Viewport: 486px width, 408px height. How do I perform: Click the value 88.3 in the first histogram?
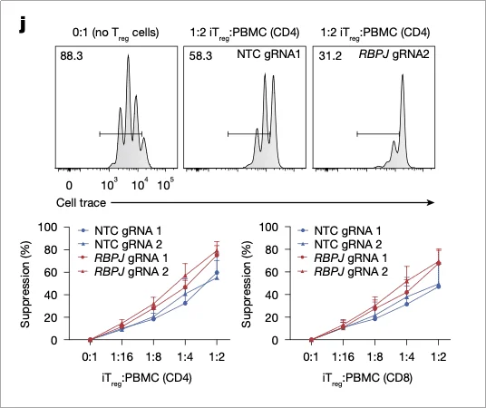(x=73, y=56)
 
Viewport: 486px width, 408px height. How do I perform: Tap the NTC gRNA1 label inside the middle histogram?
(x=267, y=56)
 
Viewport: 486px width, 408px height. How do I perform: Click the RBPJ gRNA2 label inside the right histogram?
(x=394, y=56)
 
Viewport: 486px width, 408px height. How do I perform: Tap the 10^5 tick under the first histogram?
(x=166, y=183)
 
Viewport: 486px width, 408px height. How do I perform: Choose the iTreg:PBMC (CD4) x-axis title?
(x=153, y=376)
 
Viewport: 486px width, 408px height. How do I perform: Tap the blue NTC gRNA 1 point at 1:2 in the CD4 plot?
(x=215, y=272)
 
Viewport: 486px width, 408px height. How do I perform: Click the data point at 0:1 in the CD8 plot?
(x=311, y=340)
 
